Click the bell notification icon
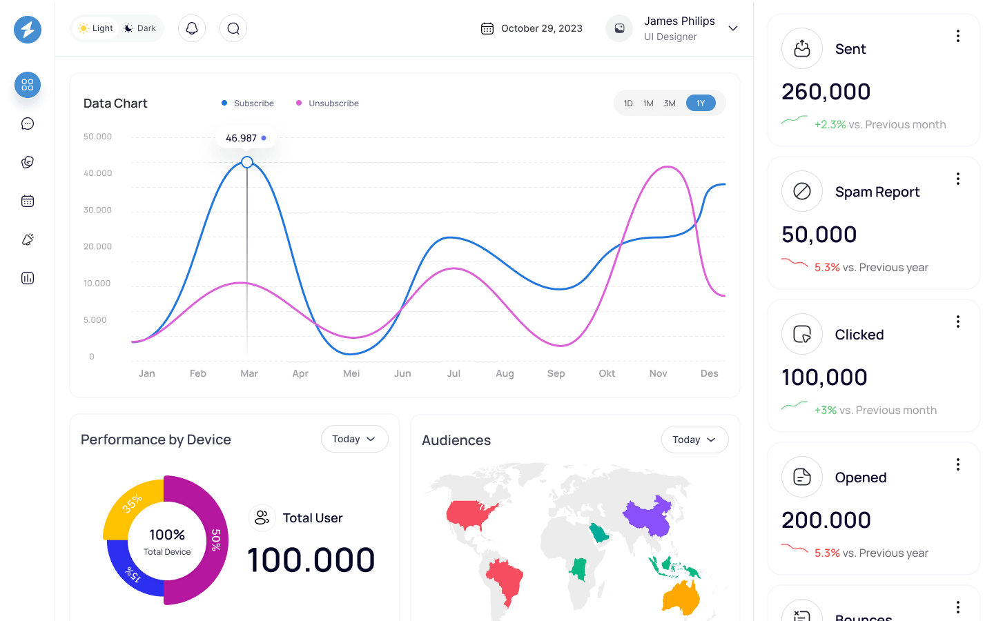click(x=192, y=28)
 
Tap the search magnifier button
click(x=233, y=28)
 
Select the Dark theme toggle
click(x=139, y=28)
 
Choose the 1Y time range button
click(x=701, y=103)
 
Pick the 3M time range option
click(x=670, y=103)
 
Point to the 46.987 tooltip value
click(x=241, y=138)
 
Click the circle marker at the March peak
click(x=247, y=162)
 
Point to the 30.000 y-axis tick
click(x=97, y=210)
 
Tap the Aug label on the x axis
click(x=505, y=373)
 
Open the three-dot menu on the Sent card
click(x=958, y=36)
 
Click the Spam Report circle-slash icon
click(x=802, y=191)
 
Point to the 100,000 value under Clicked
click(x=824, y=377)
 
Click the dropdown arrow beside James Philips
click(x=733, y=28)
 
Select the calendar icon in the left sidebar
click(x=28, y=201)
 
